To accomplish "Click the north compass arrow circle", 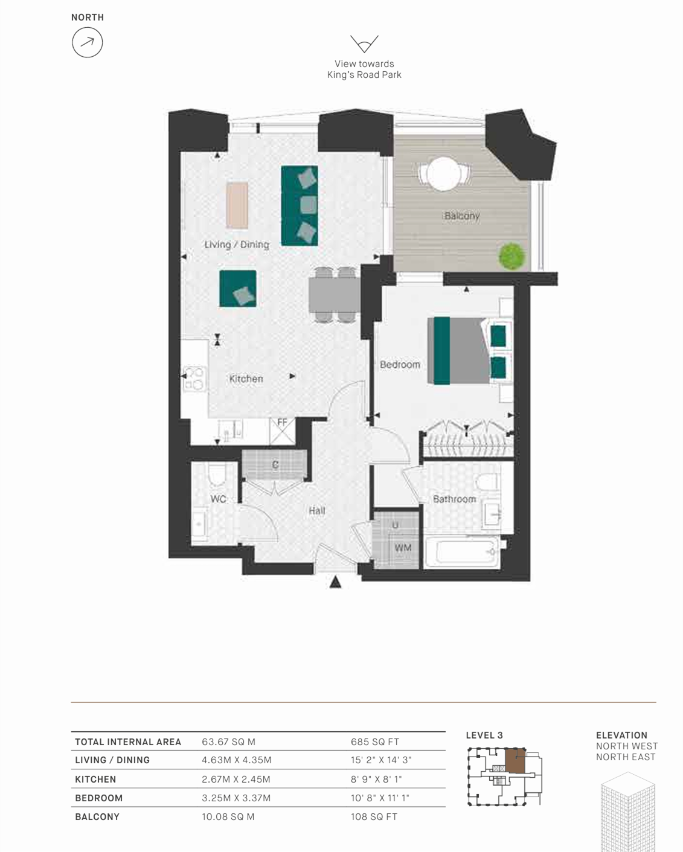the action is [87, 42].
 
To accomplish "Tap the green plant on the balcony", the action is [511, 256].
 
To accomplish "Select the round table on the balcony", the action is [444, 174].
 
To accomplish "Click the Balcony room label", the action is [461, 216].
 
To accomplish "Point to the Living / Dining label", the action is [237, 245].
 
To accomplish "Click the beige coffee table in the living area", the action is [237, 205].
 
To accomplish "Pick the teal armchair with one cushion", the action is [237, 289].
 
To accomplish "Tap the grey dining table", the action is [335, 295].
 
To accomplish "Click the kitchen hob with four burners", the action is [194, 379].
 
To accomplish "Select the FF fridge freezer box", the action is [282, 431].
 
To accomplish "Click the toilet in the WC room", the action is [217, 475].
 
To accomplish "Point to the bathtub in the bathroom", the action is [461, 551].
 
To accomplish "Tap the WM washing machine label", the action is [403, 548].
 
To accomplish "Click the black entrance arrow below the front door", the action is [335, 582].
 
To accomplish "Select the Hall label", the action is [317, 511].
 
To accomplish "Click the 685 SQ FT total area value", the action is [374, 741].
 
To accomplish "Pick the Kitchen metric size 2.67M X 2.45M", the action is [236, 779].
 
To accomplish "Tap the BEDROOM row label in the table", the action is [99, 798].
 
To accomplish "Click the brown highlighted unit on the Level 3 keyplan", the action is [515, 760].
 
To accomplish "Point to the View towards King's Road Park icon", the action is [364, 44].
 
